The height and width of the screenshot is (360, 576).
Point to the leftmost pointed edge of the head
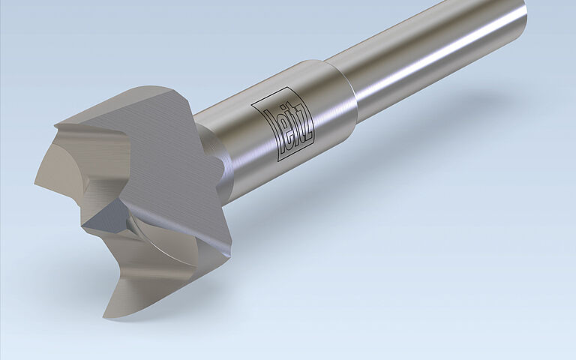coord(35,180)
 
